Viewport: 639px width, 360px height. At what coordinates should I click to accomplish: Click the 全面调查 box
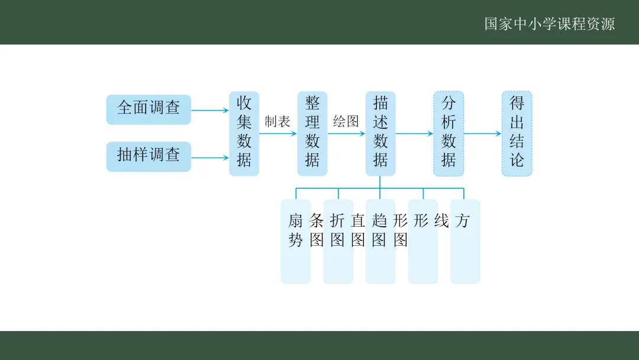point(149,110)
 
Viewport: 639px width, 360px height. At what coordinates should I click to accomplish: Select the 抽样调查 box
point(149,156)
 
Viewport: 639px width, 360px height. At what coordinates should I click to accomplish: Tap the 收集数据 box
point(244,133)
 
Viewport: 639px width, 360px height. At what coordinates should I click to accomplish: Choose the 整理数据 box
point(312,133)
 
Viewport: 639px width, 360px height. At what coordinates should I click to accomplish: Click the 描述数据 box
point(380,133)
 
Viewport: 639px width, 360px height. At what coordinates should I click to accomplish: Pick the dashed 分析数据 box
point(448,133)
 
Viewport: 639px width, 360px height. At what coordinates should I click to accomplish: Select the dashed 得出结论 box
point(517,133)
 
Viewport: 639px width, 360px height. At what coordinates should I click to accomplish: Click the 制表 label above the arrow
point(277,121)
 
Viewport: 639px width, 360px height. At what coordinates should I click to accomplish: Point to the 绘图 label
point(346,121)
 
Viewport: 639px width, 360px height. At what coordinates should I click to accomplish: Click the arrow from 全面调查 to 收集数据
point(210,110)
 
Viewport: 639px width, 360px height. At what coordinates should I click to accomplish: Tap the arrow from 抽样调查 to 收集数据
point(210,157)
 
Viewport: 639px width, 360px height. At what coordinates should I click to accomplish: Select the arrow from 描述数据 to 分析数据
point(414,133)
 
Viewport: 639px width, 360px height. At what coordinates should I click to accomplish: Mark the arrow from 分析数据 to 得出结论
point(483,133)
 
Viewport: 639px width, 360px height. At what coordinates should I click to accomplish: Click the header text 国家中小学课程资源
point(550,24)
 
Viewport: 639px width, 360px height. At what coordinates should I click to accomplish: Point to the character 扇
point(295,221)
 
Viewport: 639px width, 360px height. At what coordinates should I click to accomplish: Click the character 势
point(295,240)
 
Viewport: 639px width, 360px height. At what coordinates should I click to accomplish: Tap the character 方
point(463,221)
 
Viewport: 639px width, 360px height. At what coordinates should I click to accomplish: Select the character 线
point(442,221)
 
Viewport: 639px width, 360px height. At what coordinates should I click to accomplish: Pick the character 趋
point(379,221)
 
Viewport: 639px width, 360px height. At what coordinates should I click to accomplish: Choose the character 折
point(337,221)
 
